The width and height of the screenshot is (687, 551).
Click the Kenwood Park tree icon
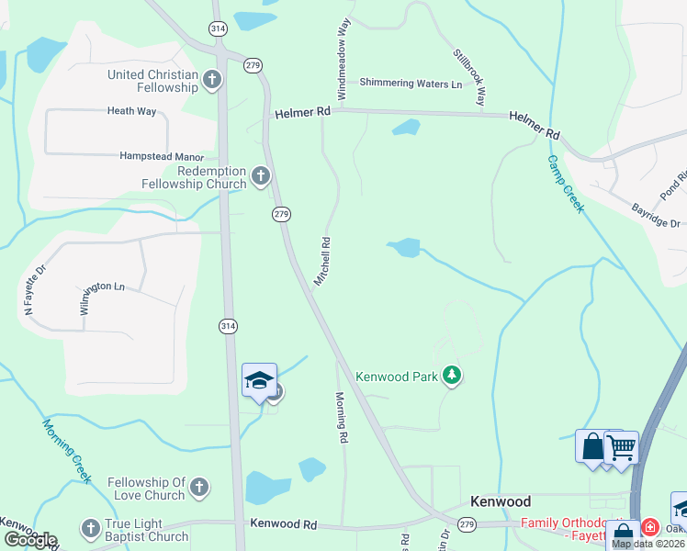coord(451,375)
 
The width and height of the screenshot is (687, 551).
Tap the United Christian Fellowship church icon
coord(212,80)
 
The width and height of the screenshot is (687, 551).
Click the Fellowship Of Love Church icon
coord(199,489)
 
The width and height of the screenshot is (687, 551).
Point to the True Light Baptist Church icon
coord(90,529)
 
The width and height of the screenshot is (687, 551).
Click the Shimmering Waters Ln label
coord(411,84)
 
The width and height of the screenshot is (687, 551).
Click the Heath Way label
coord(132,111)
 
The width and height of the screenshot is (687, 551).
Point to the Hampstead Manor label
coord(160,156)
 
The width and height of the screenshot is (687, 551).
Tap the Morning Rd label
coord(341,418)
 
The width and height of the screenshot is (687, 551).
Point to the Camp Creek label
coord(566,184)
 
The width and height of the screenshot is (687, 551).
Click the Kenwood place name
coord(501,501)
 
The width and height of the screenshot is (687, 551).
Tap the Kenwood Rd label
coord(284,524)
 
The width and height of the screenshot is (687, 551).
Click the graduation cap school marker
coord(258,380)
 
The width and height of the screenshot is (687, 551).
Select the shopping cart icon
coord(622,447)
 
